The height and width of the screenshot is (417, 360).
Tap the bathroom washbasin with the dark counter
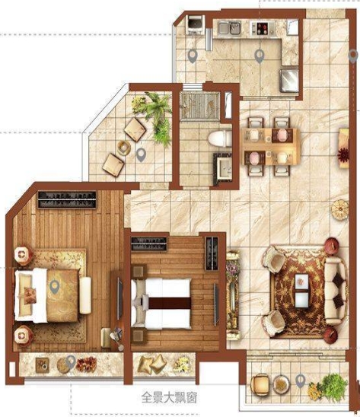click(x=223, y=169)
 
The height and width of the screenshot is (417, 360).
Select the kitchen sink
click(x=229, y=28)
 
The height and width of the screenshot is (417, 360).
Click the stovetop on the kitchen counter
click(x=263, y=28)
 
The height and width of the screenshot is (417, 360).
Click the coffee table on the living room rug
click(x=301, y=291)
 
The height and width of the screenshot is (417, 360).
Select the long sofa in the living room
click(x=335, y=291)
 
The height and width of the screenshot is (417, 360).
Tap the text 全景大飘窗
click(x=169, y=398)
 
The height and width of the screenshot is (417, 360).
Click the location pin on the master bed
click(x=55, y=287)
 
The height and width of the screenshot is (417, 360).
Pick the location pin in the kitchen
click(x=260, y=56)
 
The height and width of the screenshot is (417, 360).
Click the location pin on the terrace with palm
click(x=141, y=155)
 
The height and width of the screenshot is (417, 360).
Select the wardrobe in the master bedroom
click(x=67, y=199)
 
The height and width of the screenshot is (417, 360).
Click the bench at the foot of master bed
click(x=85, y=295)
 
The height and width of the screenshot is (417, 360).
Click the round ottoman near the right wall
click(x=340, y=210)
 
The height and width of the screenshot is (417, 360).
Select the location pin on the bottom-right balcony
click(x=301, y=380)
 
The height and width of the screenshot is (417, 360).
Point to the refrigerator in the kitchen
click(x=288, y=81)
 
